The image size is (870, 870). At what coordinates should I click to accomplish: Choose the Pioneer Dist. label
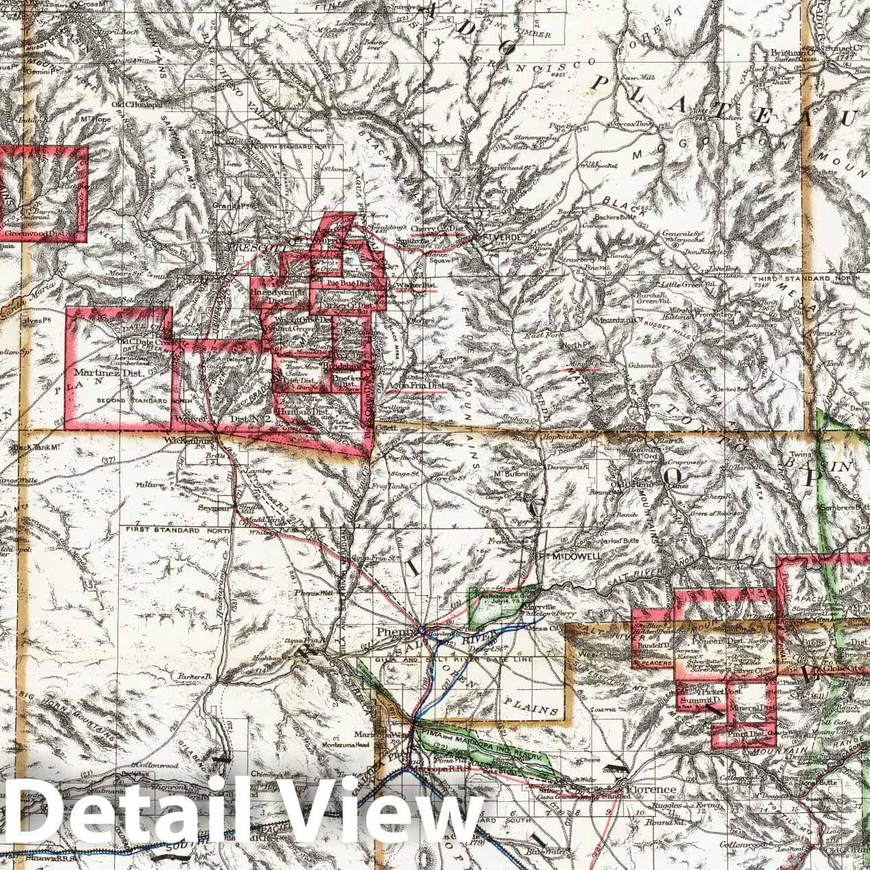[704, 640]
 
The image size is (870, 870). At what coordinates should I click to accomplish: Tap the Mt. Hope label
[102, 137]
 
